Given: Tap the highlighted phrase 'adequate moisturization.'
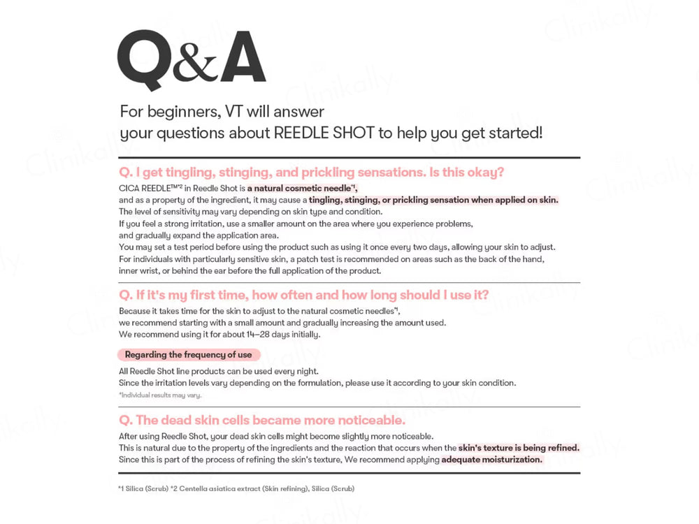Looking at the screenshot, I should click(492, 460).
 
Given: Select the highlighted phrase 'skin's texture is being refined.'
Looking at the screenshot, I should click(519, 448).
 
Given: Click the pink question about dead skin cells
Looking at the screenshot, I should click(262, 420).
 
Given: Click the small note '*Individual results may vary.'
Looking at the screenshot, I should click(160, 395).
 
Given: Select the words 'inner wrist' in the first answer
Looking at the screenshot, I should click(140, 270).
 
